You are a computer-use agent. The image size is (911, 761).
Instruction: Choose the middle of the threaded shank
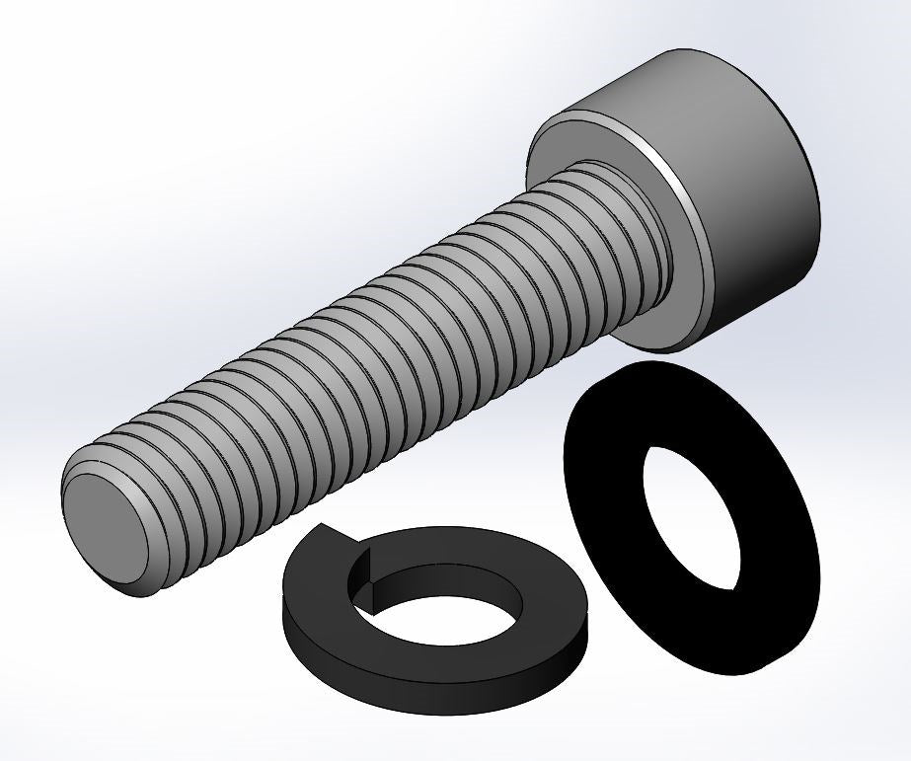point(375,336)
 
